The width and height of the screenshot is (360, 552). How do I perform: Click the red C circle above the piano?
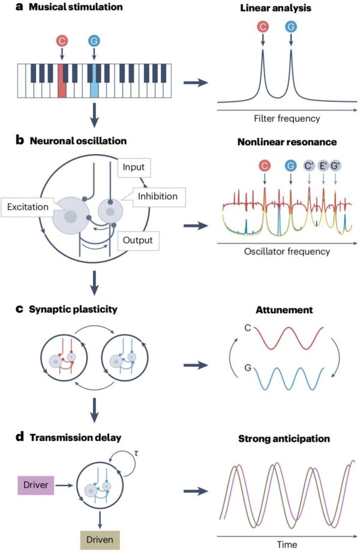(x=62, y=41)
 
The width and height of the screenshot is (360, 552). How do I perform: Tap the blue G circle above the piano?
(x=94, y=41)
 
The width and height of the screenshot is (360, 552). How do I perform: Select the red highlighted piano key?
(x=62, y=80)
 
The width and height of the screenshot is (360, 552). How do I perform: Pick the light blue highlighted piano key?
(x=94, y=80)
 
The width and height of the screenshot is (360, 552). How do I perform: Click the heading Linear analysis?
(x=275, y=8)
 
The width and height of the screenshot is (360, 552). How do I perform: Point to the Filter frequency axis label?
(x=287, y=118)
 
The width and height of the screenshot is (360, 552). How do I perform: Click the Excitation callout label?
(x=28, y=206)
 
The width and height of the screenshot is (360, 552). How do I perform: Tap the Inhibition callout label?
(x=158, y=196)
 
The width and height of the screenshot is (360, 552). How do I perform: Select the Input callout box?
(x=133, y=167)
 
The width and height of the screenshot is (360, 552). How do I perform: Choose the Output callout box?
(x=137, y=241)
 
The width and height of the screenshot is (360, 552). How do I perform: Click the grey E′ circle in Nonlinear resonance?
(x=323, y=166)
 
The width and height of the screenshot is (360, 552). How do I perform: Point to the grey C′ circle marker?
(x=309, y=166)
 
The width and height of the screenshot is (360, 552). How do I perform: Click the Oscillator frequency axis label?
(x=287, y=251)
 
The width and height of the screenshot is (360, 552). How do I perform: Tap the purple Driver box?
(x=35, y=485)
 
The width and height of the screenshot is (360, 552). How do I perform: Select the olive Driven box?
(x=100, y=539)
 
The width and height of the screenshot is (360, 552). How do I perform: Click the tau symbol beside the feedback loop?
(x=136, y=453)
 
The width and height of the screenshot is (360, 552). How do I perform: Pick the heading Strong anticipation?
(x=284, y=439)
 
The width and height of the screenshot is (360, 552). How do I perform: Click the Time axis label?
(x=287, y=544)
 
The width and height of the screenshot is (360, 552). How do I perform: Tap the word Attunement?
(x=284, y=310)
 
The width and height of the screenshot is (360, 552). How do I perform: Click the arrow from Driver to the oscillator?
(x=64, y=485)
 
